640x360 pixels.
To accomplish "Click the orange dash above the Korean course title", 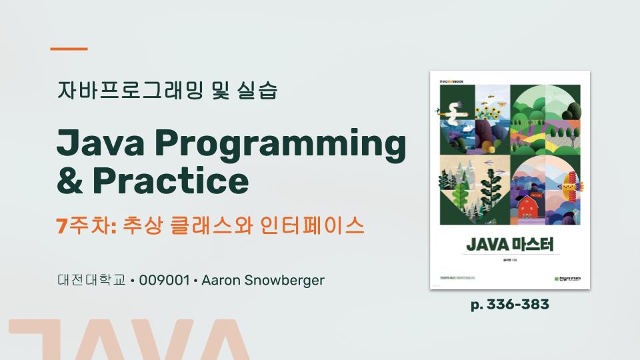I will tap(69, 49).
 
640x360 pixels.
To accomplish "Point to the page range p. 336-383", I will tap(510, 305).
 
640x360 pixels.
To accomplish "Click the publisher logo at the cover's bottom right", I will tap(564, 278).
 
